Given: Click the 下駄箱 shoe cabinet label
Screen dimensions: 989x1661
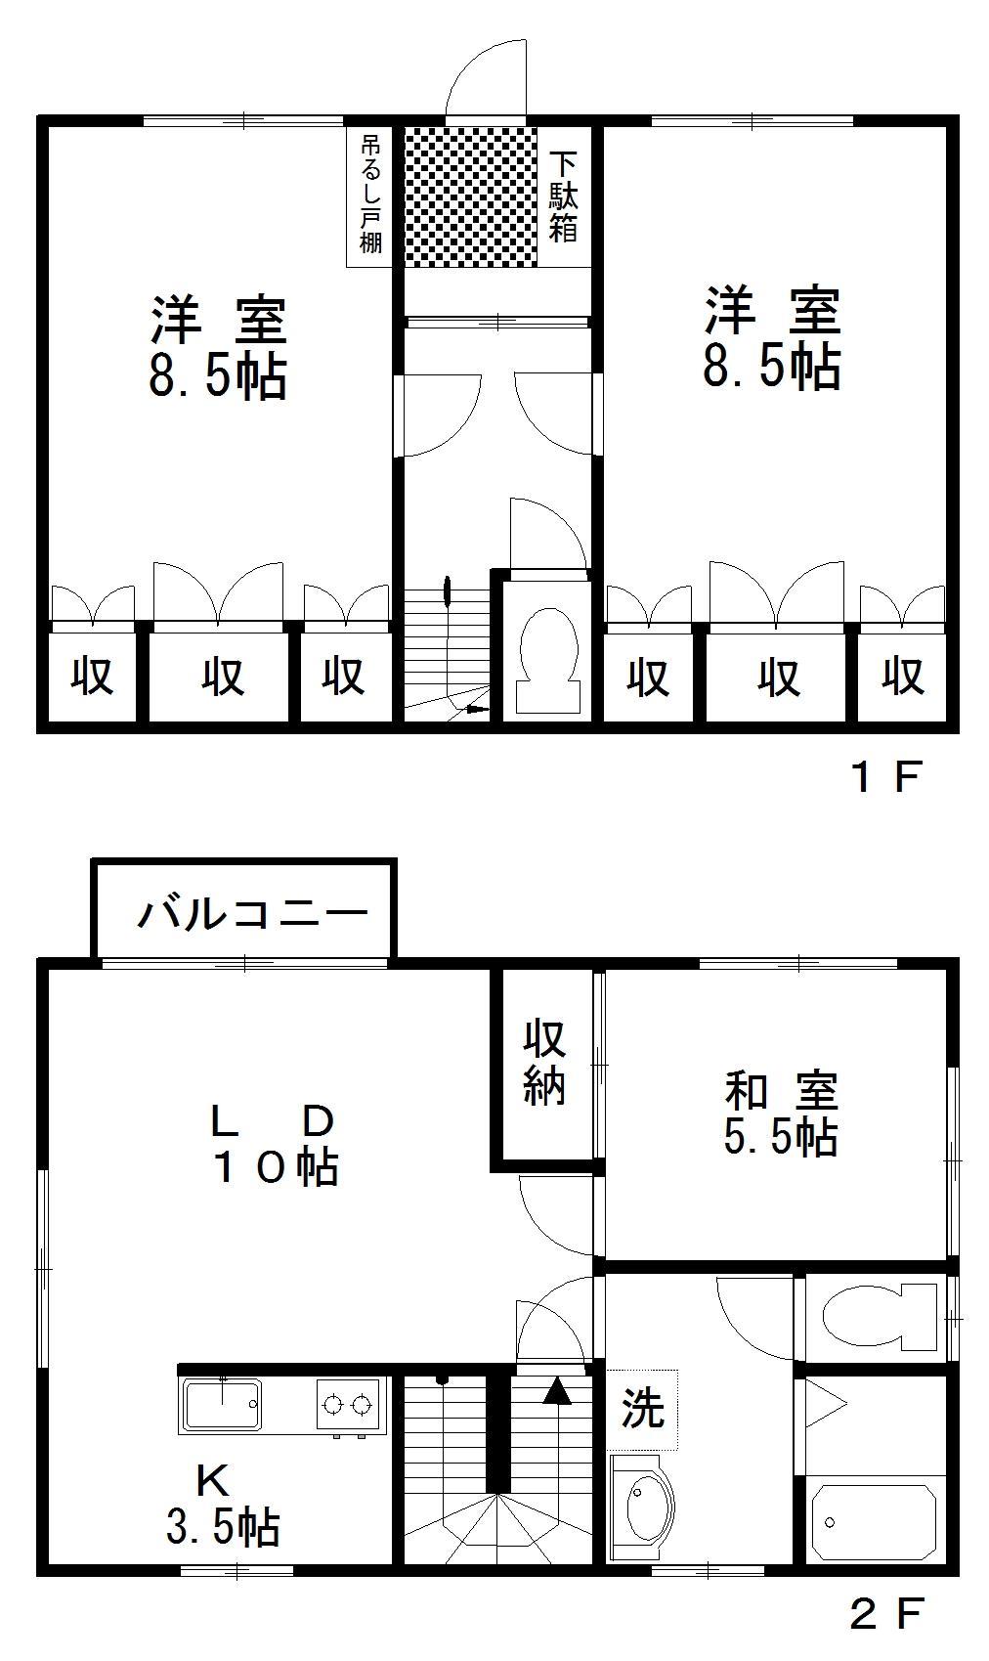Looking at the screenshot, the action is (563, 197).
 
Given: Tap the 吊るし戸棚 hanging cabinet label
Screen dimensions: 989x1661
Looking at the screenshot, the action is (370, 195).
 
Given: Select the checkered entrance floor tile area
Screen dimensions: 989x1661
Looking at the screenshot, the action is (471, 197).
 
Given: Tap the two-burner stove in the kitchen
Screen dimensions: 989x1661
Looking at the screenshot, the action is (348, 1405).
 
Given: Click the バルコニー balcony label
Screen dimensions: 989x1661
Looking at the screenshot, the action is (253, 913).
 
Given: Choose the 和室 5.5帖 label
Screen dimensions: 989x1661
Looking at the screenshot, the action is (781, 1113).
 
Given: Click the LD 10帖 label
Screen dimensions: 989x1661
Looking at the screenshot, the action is (275, 1147).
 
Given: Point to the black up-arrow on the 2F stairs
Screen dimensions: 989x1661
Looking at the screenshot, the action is (557, 1390).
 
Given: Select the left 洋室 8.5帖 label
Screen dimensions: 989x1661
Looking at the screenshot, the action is (218, 348).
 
